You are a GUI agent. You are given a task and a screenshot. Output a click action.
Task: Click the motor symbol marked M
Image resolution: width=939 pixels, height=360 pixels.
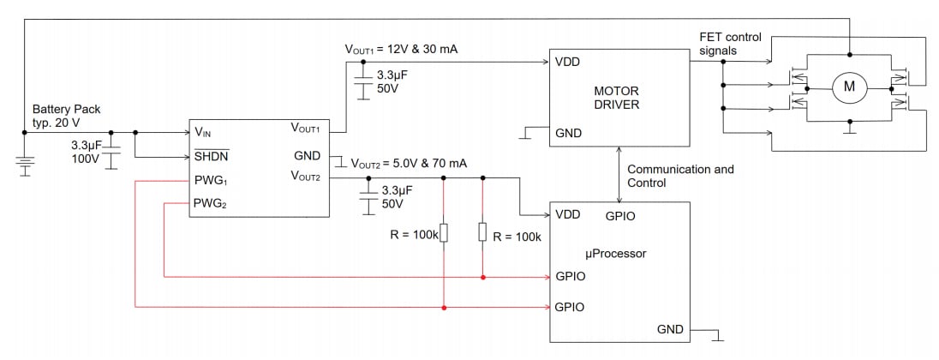[850, 85]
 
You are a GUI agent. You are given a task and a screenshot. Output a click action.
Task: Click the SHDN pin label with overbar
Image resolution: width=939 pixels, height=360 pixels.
[212, 156]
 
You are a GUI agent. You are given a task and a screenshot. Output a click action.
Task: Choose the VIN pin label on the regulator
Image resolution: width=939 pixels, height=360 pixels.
[204, 133]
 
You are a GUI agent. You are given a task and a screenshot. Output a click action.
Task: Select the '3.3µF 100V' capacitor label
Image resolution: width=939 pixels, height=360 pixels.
[88, 153]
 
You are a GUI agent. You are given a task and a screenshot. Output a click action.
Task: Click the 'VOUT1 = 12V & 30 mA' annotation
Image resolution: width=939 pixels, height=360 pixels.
[401, 50]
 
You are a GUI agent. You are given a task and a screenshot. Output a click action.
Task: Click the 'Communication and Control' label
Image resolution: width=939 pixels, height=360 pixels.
[680, 177]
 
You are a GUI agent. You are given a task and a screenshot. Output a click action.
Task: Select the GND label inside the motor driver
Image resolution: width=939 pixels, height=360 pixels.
[569, 133]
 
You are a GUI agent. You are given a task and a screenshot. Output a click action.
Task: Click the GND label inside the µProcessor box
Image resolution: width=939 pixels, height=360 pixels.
[671, 328]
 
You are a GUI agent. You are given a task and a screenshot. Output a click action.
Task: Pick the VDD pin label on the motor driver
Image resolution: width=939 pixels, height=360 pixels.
[568, 62]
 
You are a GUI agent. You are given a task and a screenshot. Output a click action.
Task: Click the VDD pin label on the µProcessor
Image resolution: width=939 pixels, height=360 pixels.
[568, 214]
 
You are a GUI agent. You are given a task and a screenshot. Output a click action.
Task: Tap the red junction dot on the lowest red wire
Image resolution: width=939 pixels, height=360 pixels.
[443, 306]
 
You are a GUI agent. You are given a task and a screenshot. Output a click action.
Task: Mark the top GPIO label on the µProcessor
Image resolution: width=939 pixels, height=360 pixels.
[620, 216]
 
